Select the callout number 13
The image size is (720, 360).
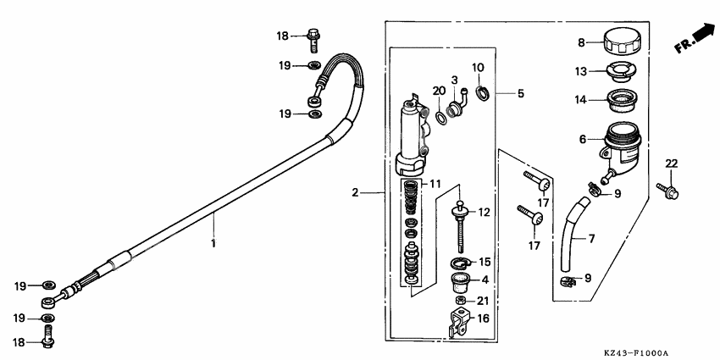pos(581,70)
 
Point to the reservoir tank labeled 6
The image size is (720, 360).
pos(627,144)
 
